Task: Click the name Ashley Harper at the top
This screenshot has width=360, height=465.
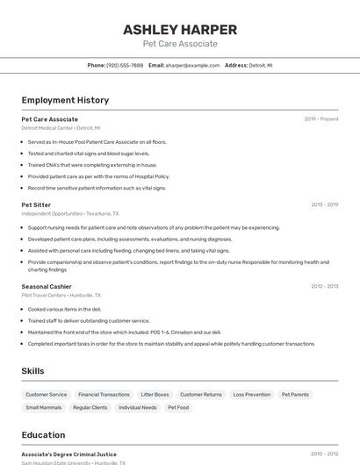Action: [x=179, y=29]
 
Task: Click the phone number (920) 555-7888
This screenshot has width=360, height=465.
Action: [x=125, y=65]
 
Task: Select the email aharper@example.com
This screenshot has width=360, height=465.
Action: [x=192, y=65]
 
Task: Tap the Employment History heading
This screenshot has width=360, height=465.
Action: [x=65, y=100]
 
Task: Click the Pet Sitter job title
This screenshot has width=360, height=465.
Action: [x=36, y=204]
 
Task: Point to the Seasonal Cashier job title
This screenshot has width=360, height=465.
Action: [x=47, y=286]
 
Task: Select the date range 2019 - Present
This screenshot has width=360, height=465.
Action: [x=320, y=119]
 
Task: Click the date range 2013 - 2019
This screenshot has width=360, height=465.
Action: [x=324, y=204]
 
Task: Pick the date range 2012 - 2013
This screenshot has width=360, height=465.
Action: [x=324, y=286]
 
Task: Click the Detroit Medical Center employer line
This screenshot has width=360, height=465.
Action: [x=61, y=127]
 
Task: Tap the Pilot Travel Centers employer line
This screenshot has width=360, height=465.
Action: [x=61, y=295]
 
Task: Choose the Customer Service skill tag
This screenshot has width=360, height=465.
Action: [x=46, y=395]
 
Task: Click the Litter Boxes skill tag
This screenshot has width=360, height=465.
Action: [x=155, y=395]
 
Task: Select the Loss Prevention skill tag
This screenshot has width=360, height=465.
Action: [x=251, y=395]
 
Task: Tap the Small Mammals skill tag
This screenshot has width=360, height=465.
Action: [x=43, y=407]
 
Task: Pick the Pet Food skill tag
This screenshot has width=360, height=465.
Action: [x=178, y=407]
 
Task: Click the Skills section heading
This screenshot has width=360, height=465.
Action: [x=32, y=371]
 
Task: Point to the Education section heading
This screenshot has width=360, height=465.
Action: [x=43, y=435]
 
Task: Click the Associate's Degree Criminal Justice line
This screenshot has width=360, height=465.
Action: [x=68, y=454]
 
